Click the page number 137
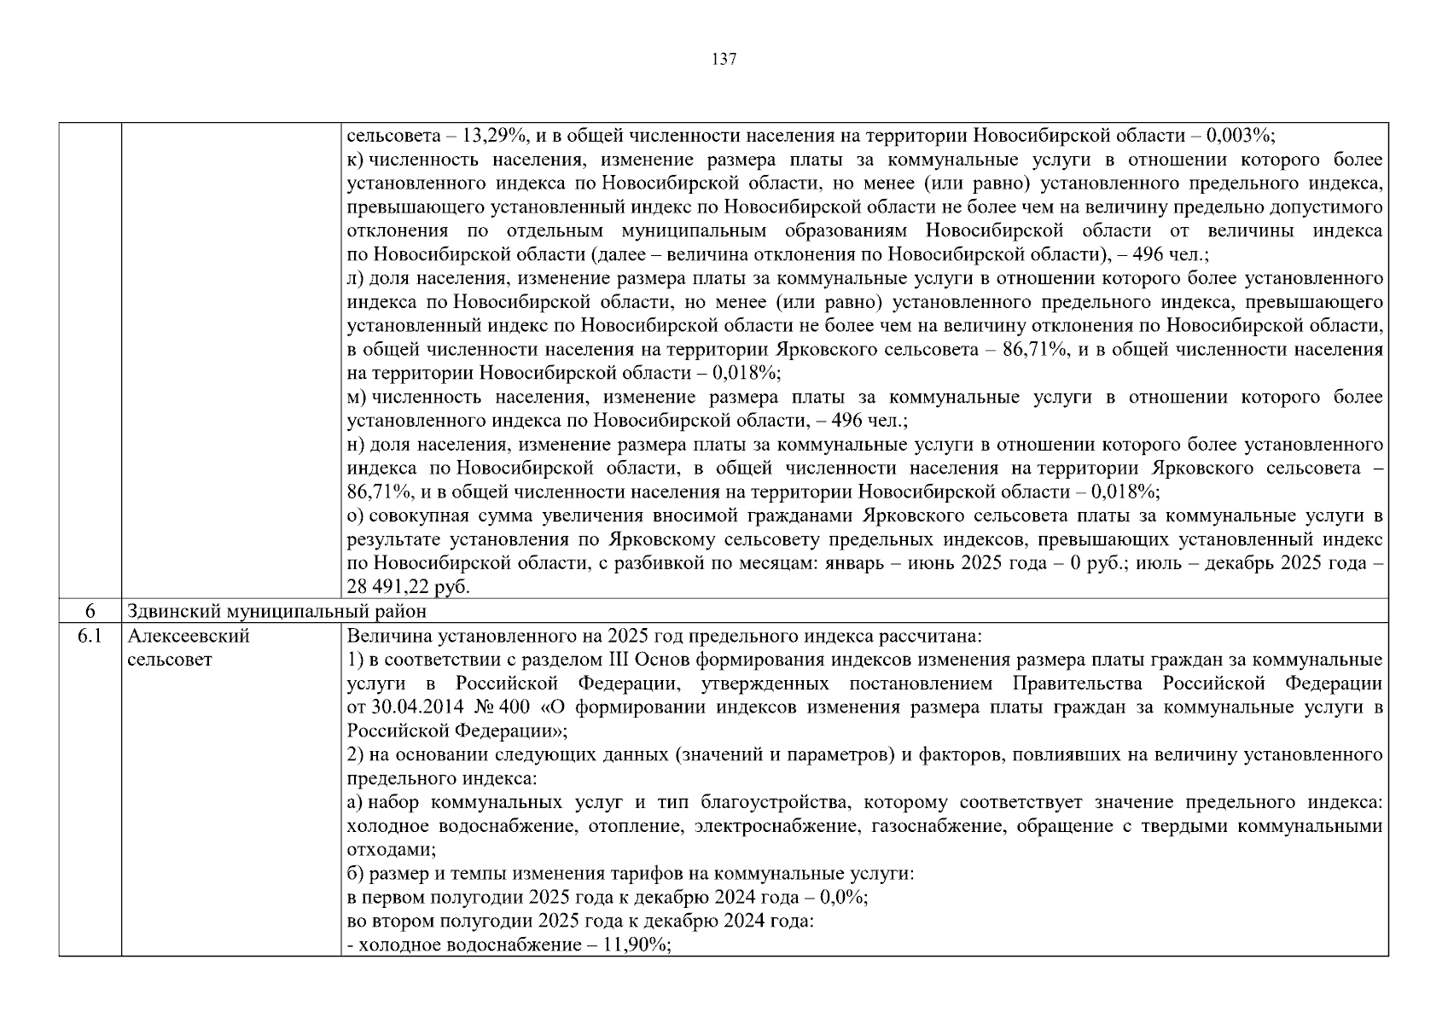[x=724, y=60]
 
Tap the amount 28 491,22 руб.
[x=408, y=587]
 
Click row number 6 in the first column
[x=90, y=611]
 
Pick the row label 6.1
[x=90, y=636]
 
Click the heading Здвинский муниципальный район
[x=276, y=611]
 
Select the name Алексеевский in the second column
[x=189, y=636]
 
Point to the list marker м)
[x=357, y=398]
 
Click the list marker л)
[x=356, y=278]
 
